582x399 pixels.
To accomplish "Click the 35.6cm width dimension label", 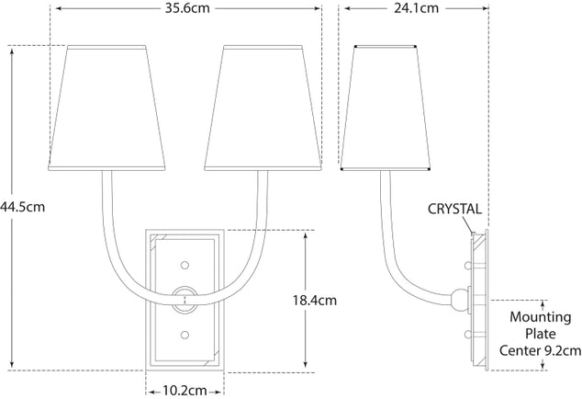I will (185, 11).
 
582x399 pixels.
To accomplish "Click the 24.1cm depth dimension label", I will (417, 11).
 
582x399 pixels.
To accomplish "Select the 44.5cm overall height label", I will (22, 207).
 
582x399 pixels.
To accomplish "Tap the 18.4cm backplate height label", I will (315, 300).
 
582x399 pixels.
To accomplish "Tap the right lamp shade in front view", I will (264, 106).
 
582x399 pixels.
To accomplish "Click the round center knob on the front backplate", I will (185, 297).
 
